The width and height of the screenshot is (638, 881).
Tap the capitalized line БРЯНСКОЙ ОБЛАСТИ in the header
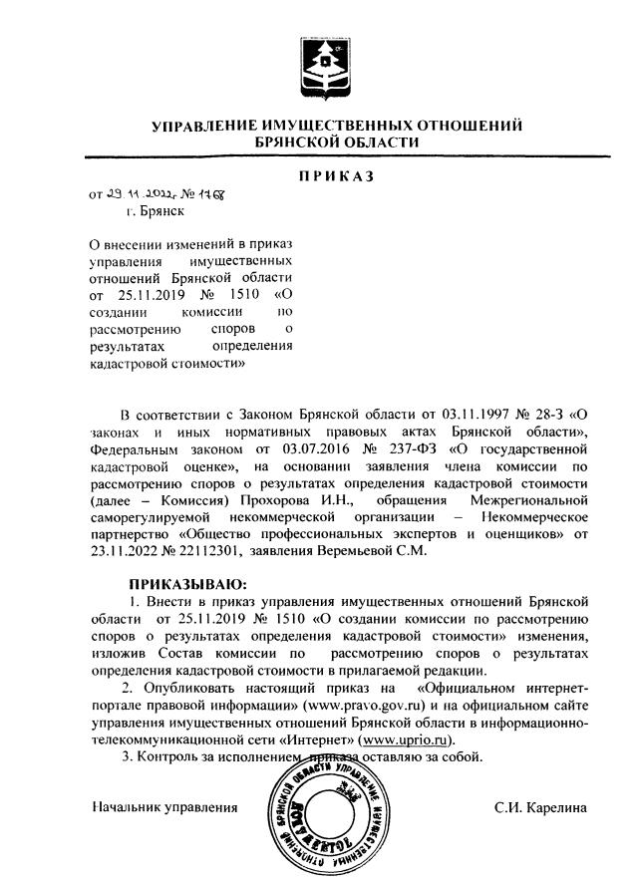click(x=336, y=144)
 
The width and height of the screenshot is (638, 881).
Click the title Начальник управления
click(x=164, y=806)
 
